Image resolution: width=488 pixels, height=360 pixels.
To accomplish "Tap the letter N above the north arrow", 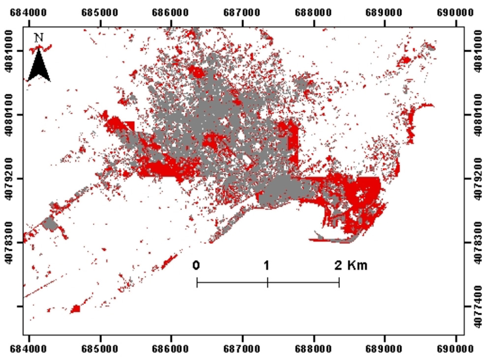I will (x=39, y=37).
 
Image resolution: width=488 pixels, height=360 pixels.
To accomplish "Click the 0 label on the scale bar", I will (x=196, y=266).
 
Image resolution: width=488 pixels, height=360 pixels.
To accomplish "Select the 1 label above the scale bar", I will (x=266, y=266).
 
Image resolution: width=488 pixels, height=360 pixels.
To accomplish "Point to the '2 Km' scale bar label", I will (x=350, y=266).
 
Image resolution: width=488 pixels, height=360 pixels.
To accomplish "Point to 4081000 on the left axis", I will (x=10, y=51).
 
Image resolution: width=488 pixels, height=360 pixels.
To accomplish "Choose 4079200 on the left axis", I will (x=10, y=179).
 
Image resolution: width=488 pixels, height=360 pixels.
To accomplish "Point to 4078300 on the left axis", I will (x=10, y=242).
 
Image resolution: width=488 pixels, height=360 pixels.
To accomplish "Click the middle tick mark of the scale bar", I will (x=268, y=282).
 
